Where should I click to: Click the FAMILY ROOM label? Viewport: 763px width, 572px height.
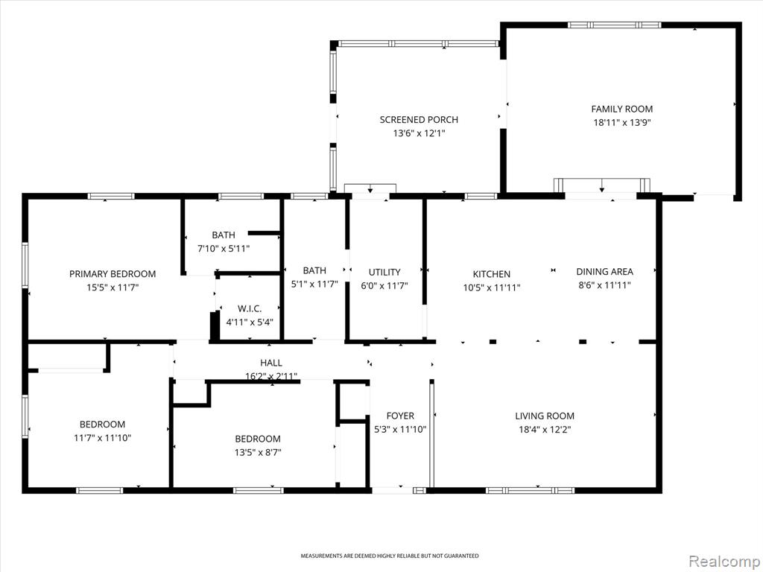tap(622, 109)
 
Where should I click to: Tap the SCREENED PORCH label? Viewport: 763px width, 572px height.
tap(419, 120)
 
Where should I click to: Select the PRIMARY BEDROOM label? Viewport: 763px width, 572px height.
tap(113, 274)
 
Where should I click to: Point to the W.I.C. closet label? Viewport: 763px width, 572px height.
tap(250, 309)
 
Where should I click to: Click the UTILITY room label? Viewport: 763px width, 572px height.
tap(384, 273)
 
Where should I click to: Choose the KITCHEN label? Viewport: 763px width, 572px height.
tap(492, 274)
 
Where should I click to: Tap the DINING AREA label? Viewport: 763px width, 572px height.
tap(605, 271)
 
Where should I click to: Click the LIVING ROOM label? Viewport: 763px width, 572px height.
tap(545, 416)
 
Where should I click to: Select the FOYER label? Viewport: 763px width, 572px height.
tap(400, 416)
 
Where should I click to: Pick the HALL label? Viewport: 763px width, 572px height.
tap(271, 363)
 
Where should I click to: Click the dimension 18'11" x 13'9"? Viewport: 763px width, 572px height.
tap(622, 123)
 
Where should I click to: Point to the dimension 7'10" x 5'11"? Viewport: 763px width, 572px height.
tap(224, 249)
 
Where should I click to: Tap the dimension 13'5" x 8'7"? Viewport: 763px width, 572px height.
tap(258, 452)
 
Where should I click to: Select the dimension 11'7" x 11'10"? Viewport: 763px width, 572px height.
tap(102, 438)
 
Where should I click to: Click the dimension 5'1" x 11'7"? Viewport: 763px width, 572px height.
tap(314, 284)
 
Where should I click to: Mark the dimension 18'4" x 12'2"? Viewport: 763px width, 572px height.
tap(545, 430)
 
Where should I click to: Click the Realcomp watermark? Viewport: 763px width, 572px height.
tap(723, 561)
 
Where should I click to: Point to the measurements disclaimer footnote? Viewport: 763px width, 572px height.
tap(389, 556)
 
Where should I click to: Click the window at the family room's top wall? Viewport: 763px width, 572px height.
tap(615, 25)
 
